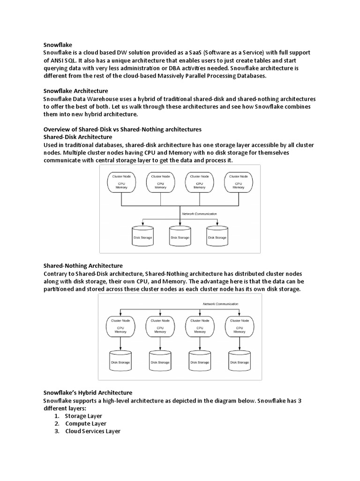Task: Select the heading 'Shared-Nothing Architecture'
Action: pos(83,265)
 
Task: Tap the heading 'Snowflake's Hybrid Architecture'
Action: pos(88,392)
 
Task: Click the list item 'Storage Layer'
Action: pos(83,416)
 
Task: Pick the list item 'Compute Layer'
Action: pos(86,423)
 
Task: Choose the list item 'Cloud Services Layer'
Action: pos(93,431)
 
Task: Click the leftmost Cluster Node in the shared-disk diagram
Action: pos(121,182)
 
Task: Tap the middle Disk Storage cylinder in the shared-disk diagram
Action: pos(180,236)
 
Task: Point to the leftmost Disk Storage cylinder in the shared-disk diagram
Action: pos(142,236)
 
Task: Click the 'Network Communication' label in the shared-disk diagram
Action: pos(200,214)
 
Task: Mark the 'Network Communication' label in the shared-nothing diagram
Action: pos(220,304)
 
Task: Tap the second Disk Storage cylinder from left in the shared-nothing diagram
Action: pos(160,361)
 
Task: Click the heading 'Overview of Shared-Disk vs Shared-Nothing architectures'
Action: pos(122,129)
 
